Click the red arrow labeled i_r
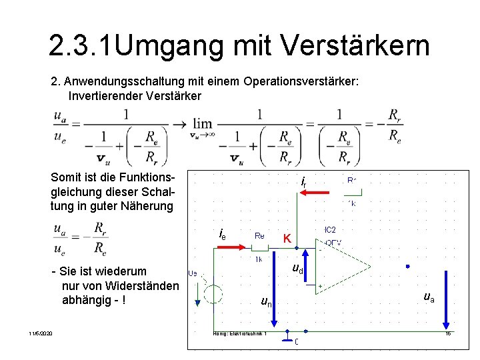click(x=315, y=193)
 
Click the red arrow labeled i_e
click(x=231, y=246)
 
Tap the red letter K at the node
click(x=287, y=238)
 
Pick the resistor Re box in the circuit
click(x=259, y=248)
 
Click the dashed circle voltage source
click(x=213, y=294)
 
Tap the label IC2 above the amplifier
click(x=329, y=229)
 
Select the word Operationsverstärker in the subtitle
click(x=301, y=81)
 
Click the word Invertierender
click(x=107, y=96)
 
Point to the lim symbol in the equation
click(x=202, y=124)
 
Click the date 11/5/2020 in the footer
click(x=41, y=333)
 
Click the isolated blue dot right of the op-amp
click(x=407, y=266)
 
